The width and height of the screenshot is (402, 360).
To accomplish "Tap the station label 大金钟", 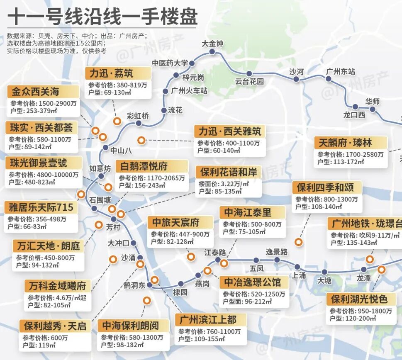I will click(212, 44).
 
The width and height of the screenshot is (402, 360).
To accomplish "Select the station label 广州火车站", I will click(189, 91).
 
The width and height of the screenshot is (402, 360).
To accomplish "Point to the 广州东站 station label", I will click(340, 72).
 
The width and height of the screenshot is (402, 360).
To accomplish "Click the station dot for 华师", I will click(373, 109).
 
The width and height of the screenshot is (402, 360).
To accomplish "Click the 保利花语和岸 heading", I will click(229, 172).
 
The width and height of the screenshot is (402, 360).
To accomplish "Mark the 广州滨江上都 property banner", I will click(212, 320).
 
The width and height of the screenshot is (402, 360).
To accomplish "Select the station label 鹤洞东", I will click(134, 285).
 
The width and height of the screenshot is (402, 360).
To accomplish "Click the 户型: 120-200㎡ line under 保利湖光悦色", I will click(353, 318).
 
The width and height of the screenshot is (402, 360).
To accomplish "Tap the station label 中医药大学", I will click(170, 63).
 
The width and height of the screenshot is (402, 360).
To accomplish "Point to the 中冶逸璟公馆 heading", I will click(253, 282).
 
